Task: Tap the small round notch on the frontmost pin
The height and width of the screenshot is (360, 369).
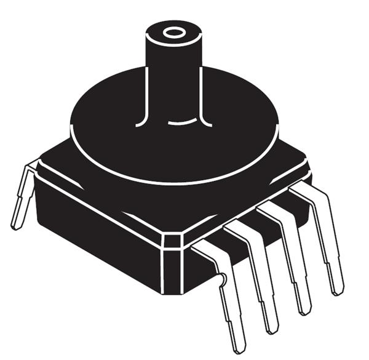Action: (223, 281)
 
